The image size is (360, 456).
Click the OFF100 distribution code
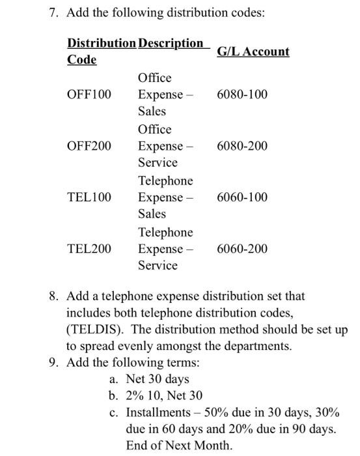point(89,95)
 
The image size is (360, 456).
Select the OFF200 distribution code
point(89,146)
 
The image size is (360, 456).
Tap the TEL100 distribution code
point(89,197)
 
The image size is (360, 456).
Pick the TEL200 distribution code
point(89,249)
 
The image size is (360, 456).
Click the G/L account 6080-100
point(242,95)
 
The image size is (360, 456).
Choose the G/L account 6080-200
point(242,146)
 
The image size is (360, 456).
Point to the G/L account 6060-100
point(242,197)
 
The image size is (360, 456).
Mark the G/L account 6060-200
point(242,249)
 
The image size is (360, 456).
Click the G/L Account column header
point(253,51)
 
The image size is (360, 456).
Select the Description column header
point(171,44)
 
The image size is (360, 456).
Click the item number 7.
point(54,13)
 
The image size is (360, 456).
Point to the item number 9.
point(54,362)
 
